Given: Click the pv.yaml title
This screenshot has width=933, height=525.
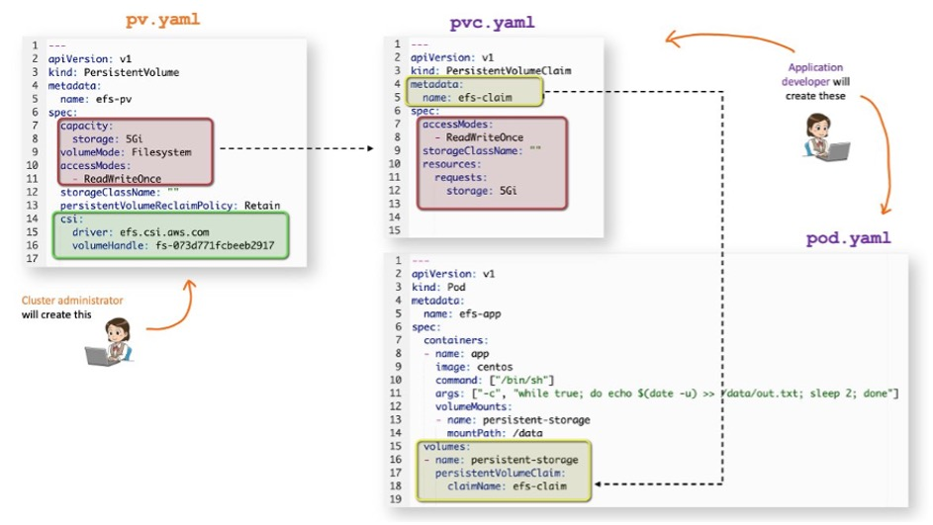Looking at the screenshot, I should click(163, 19).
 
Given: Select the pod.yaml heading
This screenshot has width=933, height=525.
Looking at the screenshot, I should click(848, 238).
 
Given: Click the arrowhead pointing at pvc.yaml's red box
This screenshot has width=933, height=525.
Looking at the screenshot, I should click(371, 148).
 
